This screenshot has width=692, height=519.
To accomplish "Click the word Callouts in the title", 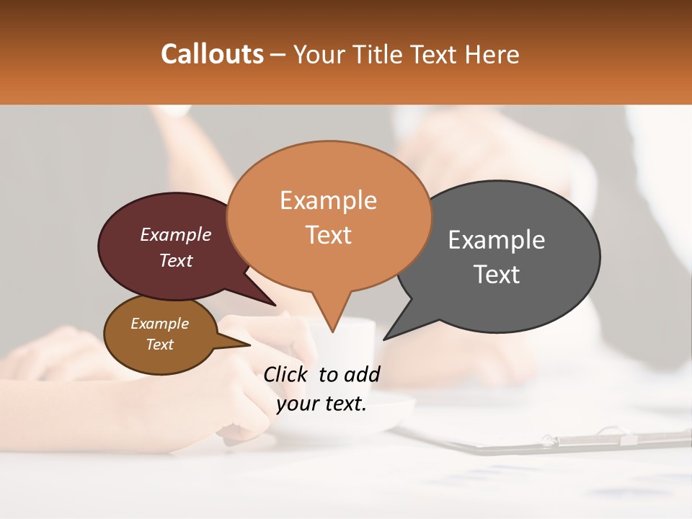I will click(x=212, y=54).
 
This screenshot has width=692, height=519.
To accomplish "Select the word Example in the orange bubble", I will click(x=328, y=200).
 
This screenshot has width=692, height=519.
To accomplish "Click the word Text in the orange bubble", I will click(x=329, y=235).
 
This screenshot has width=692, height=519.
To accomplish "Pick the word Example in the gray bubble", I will click(x=497, y=240).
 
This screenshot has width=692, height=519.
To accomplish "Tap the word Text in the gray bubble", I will click(x=497, y=275).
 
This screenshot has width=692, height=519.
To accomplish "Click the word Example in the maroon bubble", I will click(x=175, y=235).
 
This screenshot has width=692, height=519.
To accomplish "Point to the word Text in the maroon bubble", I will click(x=176, y=261).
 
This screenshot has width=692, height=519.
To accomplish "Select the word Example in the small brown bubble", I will click(x=159, y=324).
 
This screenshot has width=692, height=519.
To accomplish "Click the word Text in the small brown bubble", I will click(x=159, y=345).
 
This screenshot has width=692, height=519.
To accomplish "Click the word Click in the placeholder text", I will click(x=287, y=374).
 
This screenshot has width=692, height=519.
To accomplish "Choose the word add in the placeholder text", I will click(x=362, y=374).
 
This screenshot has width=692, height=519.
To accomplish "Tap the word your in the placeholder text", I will click(x=296, y=404).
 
